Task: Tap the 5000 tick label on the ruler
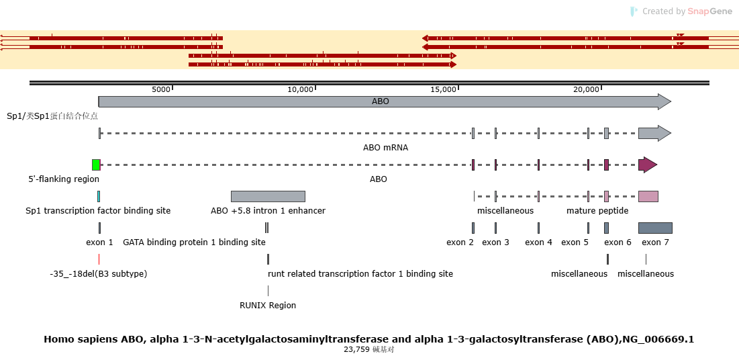coord(160,89)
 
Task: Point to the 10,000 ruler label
coord(301,89)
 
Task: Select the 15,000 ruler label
coord(444,89)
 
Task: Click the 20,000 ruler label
coord(586,89)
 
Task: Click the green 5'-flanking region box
coord(96,165)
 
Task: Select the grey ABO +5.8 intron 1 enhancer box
coord(268,196)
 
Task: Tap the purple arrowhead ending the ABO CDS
coord(648,165)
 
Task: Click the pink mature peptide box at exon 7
coord(648,196)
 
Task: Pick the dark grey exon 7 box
coord(656,228)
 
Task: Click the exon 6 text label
coord(618,242)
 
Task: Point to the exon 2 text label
coord(460,242)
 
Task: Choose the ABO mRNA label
coord(385,148)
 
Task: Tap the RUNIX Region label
coord(268,306)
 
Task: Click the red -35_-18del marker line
coord(99,259)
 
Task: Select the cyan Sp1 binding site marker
coord(99,196)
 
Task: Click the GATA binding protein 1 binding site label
coord(194,242)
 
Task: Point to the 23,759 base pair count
coord(358,350)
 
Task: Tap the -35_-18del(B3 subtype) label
coord(99,274)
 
